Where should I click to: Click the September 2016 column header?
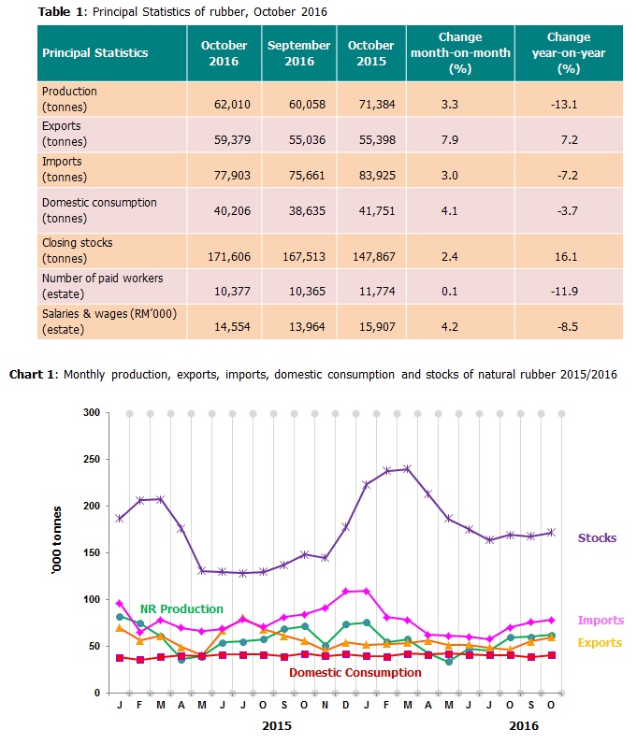(x=298, y=52)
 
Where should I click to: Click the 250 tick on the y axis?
(x=91, y=459)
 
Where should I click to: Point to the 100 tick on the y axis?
(x=91, y=599)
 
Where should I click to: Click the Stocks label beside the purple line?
(x=597, y=537)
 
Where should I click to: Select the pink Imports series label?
(x=600, y=620)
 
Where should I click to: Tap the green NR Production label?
(x=181, y=608)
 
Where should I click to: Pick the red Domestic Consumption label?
(x=355, y=672)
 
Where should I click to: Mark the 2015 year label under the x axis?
(x=277, y=724)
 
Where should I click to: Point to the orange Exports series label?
(x=599, y=642)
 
